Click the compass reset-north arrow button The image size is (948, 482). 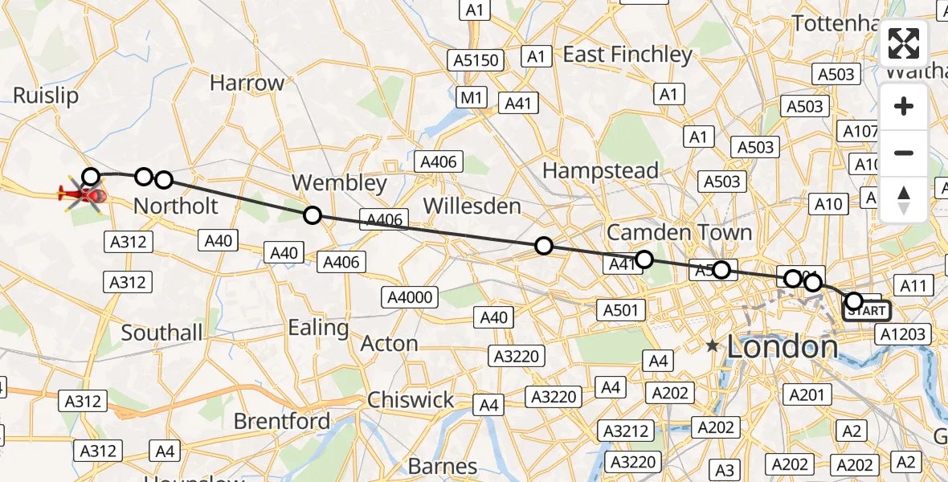904,200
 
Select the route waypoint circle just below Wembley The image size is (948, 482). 313,215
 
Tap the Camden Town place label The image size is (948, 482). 679,233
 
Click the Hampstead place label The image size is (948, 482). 600,170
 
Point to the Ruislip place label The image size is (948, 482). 46,96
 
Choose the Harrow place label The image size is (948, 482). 247,83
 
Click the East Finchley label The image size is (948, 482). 627,55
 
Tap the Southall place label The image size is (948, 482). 162,332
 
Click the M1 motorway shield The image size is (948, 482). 472,98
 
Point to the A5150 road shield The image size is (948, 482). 476,60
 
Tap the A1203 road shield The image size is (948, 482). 902,334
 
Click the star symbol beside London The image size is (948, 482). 713,347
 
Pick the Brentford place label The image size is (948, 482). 281,421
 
